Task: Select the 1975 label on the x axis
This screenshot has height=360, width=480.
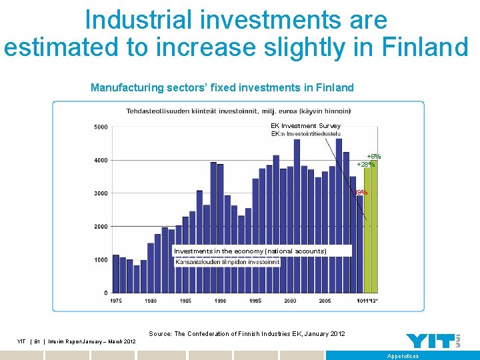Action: (116, 301)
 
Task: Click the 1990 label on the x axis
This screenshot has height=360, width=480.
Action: (221, 301)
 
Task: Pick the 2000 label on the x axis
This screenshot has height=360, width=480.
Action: (290, 301)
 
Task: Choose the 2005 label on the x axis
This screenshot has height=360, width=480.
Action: (325, 301)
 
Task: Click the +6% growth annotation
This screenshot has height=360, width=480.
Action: (373, 157)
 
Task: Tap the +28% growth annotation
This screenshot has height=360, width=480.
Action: (365, 164)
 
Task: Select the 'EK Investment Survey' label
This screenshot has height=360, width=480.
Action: (305, 125)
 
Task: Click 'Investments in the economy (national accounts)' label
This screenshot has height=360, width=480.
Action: (250, 251)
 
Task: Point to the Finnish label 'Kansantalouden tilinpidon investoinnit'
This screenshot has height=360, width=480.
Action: (227, 262)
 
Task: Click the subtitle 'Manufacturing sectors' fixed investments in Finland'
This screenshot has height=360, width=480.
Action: (222, 87)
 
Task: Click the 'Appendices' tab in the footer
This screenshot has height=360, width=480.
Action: (403, 356)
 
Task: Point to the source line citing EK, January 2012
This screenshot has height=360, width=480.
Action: (247, 333)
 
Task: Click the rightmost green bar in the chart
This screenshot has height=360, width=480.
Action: (374, 230)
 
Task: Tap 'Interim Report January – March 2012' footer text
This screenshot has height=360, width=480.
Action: (91, 341)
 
